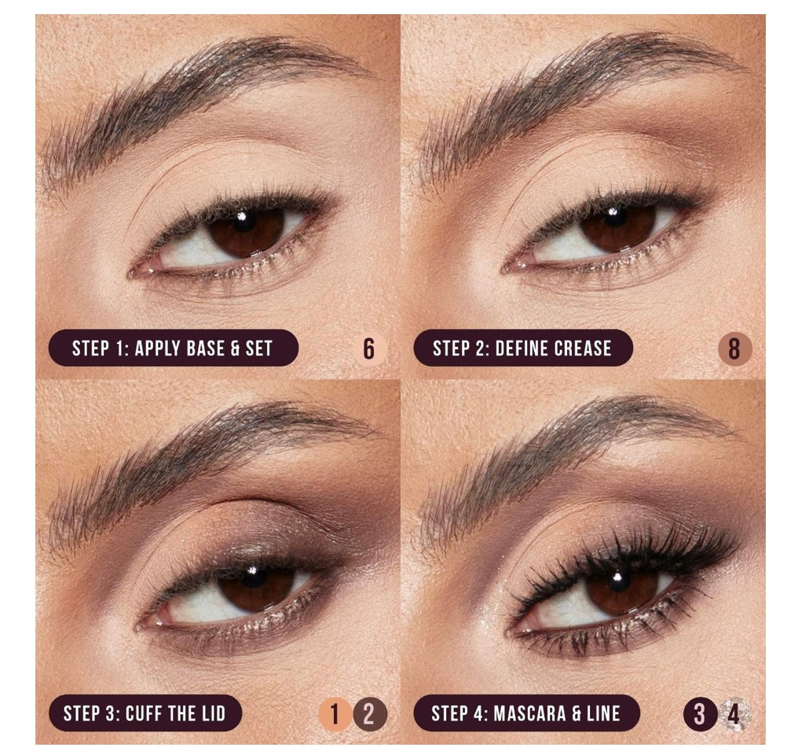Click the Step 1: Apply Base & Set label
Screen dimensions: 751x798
pos(173,348)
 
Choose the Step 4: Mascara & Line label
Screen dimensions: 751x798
pos(525,713)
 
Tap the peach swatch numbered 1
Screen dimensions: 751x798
pos(335,714)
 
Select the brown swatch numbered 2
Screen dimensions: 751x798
pos(369,714)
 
